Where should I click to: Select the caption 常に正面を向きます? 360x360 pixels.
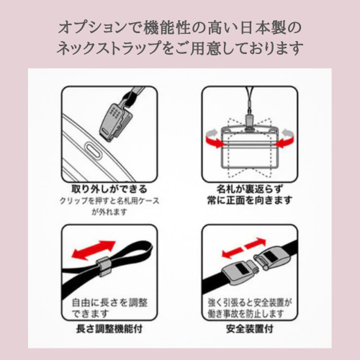click(249, 200)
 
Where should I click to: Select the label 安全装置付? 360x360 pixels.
click(249, 329)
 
